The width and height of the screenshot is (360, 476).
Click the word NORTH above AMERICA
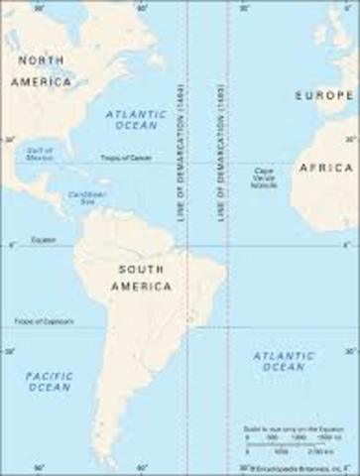point(41,59)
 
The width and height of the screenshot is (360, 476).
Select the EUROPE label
point(325,95)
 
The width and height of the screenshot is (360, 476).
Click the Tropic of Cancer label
point(126,159)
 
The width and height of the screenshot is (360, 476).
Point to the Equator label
point(43,240)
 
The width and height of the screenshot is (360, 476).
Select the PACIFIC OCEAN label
point(49,381)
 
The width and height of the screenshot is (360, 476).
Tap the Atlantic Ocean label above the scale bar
point(283,361)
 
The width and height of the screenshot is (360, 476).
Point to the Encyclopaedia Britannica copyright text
point(299,465)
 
